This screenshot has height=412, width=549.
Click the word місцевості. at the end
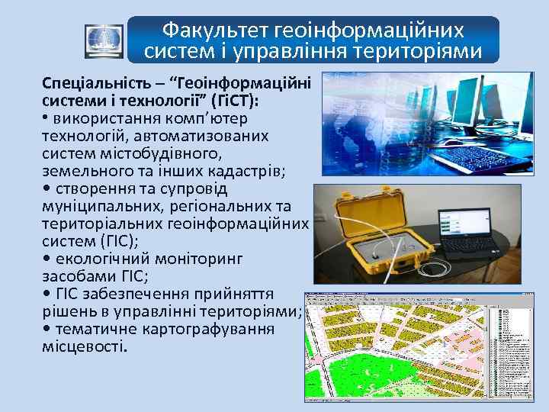point(85,346)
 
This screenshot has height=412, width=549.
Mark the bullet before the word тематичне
point(47,329)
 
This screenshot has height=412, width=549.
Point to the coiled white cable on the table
point(427,267)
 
